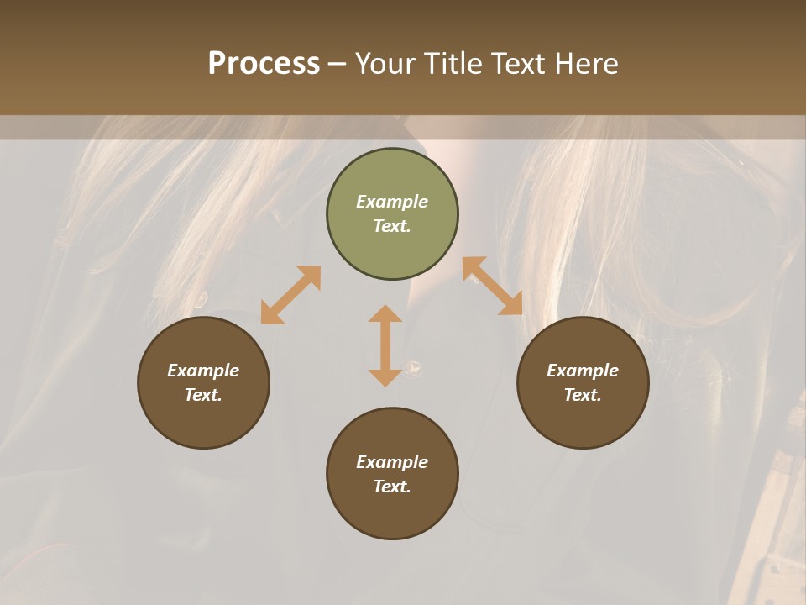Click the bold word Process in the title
[x=264, y=64]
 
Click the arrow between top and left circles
[x=290, y=295]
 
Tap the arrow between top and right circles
[x=493, y=286]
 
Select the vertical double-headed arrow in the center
[x=385, y=345]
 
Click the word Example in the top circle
[x=392, y=202]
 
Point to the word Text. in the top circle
[x=392, y=226]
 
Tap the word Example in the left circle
[x=203, y=371]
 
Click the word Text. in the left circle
[x=203, y=395]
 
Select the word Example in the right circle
[x=583, y=371]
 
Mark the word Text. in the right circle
[x=583, y=395]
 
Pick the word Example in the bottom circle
[x=392, y=462]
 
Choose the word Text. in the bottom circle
[x=392, y=487]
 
